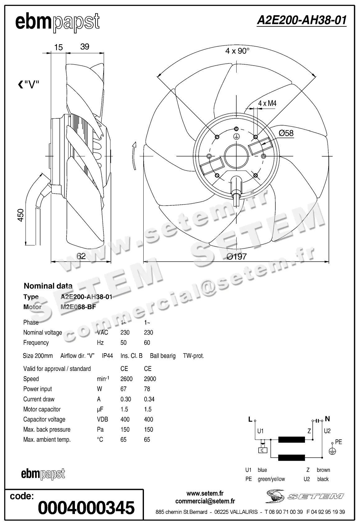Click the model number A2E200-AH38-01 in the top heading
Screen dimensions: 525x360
302,21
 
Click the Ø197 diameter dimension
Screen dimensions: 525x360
237,256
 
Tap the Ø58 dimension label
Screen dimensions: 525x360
286,133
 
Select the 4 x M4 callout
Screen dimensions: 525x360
267,103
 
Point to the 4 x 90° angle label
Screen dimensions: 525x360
237,51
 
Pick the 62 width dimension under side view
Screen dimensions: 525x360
81,256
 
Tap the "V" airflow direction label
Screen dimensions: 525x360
29,84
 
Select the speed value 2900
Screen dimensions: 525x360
150,379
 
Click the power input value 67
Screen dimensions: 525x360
123,389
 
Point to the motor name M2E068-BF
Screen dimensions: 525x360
78,307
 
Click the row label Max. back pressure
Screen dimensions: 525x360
47,430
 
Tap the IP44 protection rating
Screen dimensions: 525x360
107,356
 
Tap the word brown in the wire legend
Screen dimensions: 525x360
323,470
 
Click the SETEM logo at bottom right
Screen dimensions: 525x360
305,496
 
